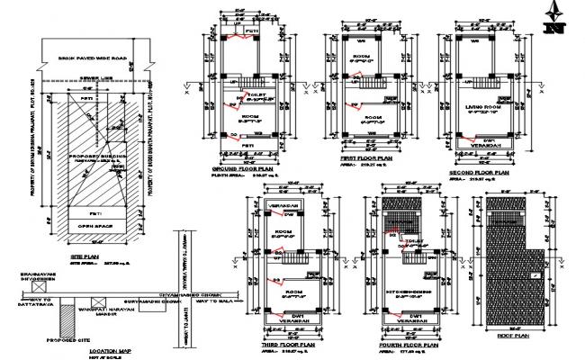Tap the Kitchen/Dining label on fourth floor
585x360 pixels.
(409, 297)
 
